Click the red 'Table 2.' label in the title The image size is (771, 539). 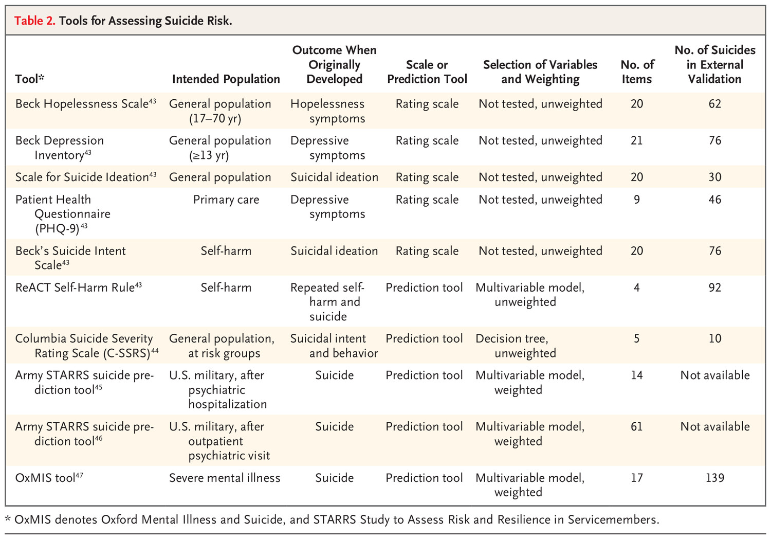pos(34,21)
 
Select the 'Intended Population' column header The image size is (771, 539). pos(226,79)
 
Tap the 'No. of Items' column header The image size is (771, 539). pos(637,71)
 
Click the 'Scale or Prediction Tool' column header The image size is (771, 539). pos(427,71)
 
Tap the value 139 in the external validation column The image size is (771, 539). pos(714,478)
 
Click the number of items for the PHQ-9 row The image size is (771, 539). pos(637,200)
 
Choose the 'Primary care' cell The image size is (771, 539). pos(226,200)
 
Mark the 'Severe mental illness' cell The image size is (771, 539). pos(225,478)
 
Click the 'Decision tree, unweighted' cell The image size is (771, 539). pos(516,346)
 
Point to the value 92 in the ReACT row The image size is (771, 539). pos(714,287)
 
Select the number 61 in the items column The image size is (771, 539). pos(637,426)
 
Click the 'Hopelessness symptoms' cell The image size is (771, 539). pos(328,111)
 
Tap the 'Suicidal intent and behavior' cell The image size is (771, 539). pos(334,346)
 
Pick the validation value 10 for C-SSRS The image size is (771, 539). pos(714,338)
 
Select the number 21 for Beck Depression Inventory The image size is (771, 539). pos(637,140)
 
